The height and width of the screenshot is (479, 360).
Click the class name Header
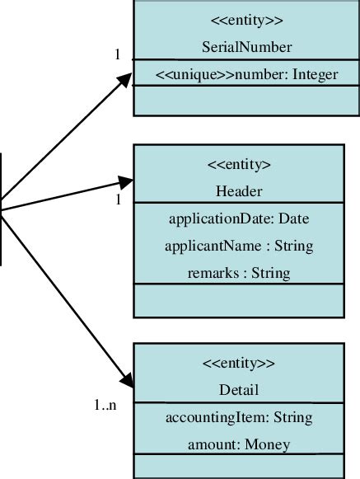pos(239,191)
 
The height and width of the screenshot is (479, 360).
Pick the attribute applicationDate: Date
pos(239,219)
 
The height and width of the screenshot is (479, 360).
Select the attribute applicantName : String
pos(239,246)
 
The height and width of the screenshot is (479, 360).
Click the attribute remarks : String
pos(239,272)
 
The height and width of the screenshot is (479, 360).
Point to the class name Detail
pos(239,390)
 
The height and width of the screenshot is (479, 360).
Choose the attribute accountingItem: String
pos(239,418)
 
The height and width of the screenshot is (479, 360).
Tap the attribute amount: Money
pos(239,444)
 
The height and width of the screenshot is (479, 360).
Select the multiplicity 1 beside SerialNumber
pos(118,55)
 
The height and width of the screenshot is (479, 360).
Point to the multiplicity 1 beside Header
pos(119,200)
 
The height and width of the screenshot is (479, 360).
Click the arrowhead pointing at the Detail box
pos(127,380)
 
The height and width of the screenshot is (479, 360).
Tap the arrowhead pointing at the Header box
pos(125,181)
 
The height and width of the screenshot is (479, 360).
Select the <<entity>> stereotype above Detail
pos(239,364)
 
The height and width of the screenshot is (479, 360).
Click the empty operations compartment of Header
pos(239,300)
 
